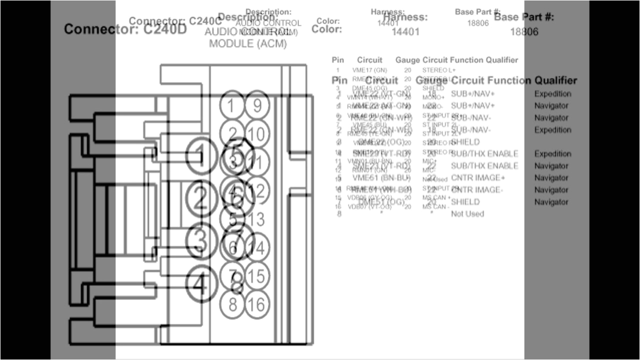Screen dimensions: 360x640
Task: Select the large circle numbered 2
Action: (200, 199)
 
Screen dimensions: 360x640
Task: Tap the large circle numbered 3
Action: (200, 241)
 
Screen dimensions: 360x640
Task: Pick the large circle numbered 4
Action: (200, 285)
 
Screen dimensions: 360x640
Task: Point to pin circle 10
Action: (256, 134)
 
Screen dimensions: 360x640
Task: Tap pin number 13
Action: (256, 219)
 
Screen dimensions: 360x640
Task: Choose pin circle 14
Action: (257, 247)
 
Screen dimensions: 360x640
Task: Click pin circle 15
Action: (257, 275)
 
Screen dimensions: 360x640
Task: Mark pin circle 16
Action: (257, 304)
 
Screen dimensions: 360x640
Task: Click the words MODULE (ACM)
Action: (248, 43)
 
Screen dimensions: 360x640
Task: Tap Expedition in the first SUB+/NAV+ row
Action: (552, 94)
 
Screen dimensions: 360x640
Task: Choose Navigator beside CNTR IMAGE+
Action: (551, 178)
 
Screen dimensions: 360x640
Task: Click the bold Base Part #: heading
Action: (524, 17)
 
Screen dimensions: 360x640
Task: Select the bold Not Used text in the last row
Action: (467, 214)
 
